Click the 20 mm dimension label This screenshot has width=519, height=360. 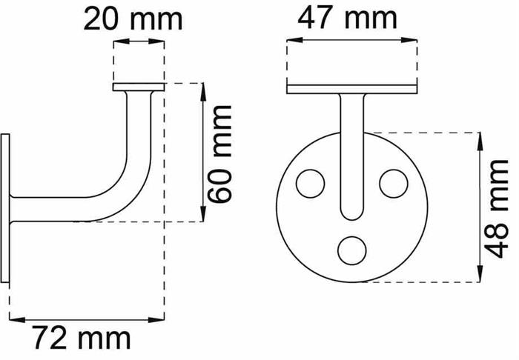[x=133, y=19]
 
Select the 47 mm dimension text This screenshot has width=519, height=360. [x=347, y=19]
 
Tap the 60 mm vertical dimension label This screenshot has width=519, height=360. [x=219, y=154]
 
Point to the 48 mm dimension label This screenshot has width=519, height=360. [x=496, y=209]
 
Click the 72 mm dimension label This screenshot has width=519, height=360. [x=82, y=338]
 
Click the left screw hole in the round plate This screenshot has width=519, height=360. [x=310, y=184]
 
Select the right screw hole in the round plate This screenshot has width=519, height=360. [x=393, y=184]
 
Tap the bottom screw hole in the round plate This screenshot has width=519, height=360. [x=352, y=250]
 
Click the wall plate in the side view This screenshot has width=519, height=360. [x=5, y=208]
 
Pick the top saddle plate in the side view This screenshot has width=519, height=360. [x=139, y=87]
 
